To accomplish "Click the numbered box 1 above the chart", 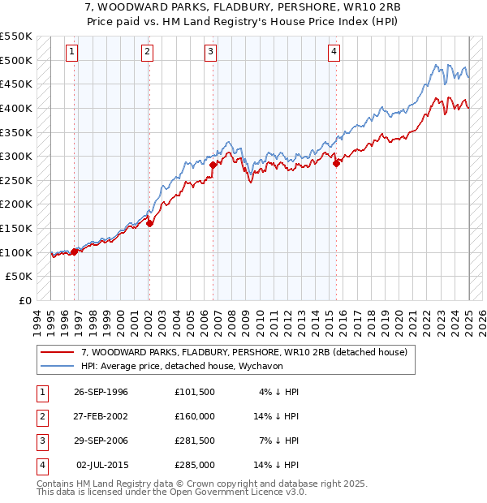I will click(x=72, y=52).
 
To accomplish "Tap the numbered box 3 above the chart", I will click(x=210, y=52).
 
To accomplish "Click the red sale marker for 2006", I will click(x=213, y=165).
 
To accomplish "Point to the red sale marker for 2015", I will click(x=336, y=163).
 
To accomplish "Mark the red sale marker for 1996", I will click(x=74, y=251).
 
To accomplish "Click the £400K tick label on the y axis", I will click(x=15, y=108).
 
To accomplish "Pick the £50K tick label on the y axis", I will click(x=19, y=277).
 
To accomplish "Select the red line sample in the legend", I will click(x=57, y=352).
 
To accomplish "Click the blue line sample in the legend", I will click(x=57, y=366).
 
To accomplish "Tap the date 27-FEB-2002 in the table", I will click(x=101, y=416).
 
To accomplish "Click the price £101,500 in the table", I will click(x=194, y=392).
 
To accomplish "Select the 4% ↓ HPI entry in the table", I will click(x=279, y=392).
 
